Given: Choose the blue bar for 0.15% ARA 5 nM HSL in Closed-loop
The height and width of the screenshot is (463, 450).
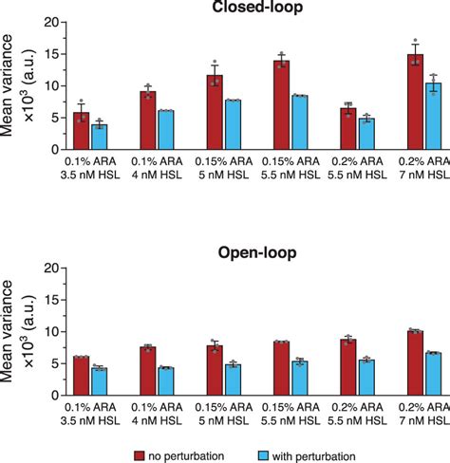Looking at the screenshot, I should [233, 124].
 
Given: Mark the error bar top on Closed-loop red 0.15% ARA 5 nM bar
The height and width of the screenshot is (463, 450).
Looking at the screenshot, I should [216, 64].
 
